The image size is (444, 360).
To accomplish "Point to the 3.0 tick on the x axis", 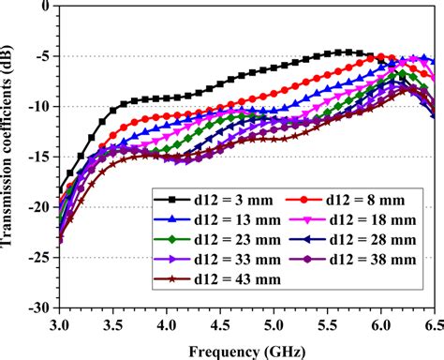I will [x=59, y=323].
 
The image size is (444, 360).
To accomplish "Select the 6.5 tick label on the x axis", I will [x=431, y=323].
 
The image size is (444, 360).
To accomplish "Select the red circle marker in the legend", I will [x=304, y=200].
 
